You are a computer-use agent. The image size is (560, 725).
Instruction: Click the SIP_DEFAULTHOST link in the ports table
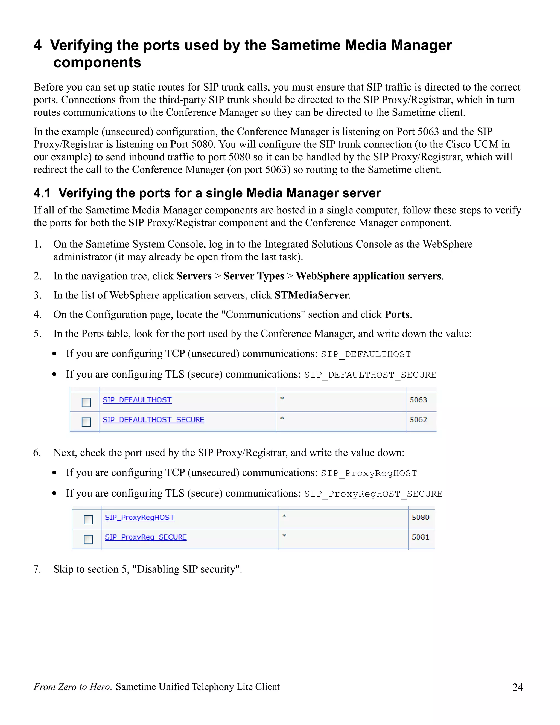137,400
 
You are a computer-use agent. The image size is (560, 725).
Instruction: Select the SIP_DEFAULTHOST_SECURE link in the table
153,420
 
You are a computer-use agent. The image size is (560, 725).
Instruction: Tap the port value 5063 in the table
418,400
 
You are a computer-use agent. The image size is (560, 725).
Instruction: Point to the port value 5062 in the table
418,420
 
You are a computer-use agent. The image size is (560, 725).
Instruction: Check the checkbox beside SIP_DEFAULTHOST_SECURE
86,422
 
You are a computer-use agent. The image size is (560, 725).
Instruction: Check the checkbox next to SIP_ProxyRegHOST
88,520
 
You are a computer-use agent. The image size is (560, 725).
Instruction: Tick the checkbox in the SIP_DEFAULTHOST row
86,402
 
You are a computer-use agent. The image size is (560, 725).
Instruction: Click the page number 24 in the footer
517,687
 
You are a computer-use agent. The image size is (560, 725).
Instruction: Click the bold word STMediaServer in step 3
311,295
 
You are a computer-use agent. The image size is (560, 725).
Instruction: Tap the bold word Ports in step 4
397,314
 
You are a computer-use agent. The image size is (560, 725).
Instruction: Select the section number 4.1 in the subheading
42,193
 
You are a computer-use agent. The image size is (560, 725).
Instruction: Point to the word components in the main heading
97,62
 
